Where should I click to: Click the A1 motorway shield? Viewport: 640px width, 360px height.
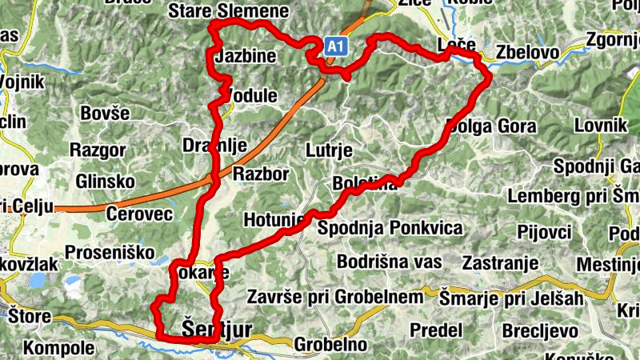click(x=334, y=49)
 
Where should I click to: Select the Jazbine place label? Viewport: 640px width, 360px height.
click(x=246, y=57)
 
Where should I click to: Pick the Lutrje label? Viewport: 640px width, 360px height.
click(x=329, y=150)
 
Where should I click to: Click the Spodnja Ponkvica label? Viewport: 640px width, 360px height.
click(x=390, y=229)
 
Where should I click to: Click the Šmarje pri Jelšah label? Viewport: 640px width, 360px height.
click(x=513, y=298)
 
